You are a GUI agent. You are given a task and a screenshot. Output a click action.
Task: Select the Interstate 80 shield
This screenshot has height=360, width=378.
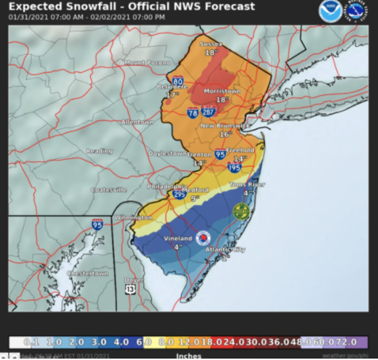178,81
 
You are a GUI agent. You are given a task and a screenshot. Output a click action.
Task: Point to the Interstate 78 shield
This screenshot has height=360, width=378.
192,112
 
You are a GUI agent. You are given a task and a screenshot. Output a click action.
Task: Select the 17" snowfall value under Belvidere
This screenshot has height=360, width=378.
173,95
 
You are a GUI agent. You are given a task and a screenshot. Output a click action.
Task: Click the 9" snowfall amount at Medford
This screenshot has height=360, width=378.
194,198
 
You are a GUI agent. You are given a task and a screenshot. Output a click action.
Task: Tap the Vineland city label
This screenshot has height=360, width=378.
177,238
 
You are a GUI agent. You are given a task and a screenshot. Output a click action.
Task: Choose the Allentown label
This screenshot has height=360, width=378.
137,122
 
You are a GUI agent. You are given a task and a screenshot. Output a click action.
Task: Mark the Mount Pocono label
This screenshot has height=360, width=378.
144,62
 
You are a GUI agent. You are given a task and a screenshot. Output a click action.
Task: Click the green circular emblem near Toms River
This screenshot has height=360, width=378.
240,211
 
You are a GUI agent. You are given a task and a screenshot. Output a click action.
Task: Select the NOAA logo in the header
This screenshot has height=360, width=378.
330,11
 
